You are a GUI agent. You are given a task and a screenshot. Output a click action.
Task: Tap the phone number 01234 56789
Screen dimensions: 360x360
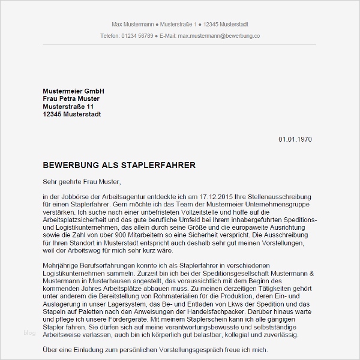pyautogui.click(x=136, y=36)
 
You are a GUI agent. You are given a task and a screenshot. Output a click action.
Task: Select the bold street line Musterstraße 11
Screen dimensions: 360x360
pyautogui.click(x=68, y=106)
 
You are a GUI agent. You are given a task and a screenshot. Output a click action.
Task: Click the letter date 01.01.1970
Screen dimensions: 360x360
pyautogui.click(x=295, y=139)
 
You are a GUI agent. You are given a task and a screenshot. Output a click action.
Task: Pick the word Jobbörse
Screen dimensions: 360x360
pyautogui.click(x=79, y=196)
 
